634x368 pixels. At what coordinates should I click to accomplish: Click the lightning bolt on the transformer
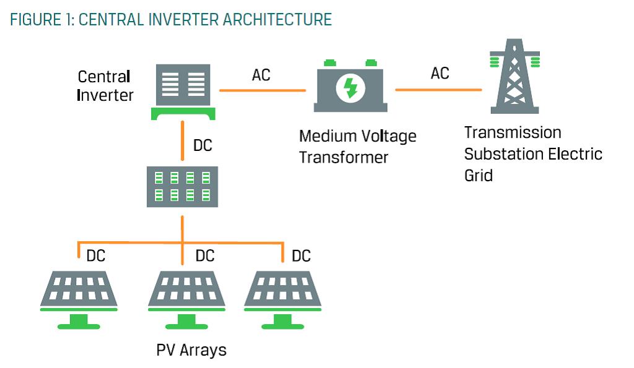coord(350,88)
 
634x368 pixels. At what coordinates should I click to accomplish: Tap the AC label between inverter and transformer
coord(261,75)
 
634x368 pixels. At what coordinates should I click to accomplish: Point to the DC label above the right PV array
coord(301,255)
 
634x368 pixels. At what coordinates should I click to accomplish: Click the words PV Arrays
coord(191,350)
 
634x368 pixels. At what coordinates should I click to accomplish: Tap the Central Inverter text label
coord(105,86)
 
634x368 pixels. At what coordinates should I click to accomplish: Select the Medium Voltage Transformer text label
coord(358,146)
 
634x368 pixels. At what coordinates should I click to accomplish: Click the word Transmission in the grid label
coord(513,133)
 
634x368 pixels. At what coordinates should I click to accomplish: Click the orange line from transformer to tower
coord(438,90)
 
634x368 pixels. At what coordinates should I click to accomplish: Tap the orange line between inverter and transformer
coord(263,91)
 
